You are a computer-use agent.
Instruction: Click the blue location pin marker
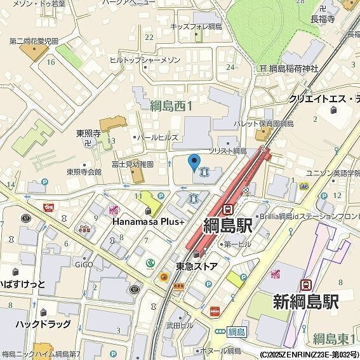[194, 162]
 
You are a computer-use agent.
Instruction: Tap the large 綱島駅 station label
[228, 225]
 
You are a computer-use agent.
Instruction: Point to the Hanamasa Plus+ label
[148, 222]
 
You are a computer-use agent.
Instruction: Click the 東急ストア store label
[197, 266]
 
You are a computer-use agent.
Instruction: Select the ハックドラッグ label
[43, 324]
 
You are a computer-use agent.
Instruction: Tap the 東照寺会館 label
[84, 171]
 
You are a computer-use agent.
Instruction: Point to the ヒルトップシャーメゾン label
[145, 60]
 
